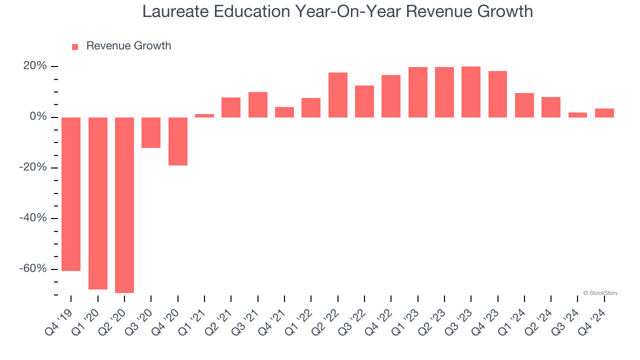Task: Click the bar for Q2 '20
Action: (124, 205)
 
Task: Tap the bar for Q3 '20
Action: (151, 132)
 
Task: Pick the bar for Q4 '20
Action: (178, 141)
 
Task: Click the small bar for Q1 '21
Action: (204, 115)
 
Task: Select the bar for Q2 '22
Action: (338, 95)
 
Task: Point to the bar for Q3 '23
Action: (471, 92)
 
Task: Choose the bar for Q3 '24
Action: (577, 115)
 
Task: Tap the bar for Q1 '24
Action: (524, 105)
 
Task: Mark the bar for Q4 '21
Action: (284, 112)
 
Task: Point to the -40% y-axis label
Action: (34, 218)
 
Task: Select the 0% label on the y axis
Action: (38, 117)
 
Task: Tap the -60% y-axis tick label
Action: (34, 268)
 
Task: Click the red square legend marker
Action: (75, 47)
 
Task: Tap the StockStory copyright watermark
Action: (600, 293)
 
